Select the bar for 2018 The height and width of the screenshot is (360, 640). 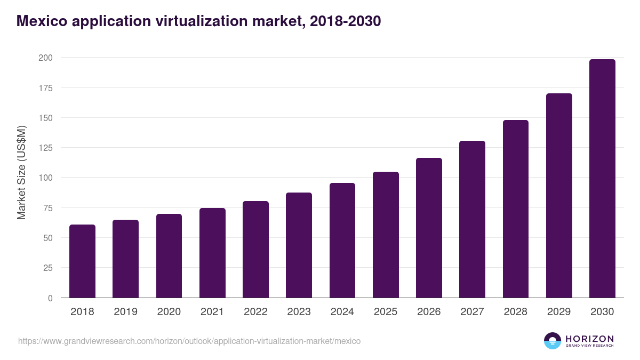coord(82,261)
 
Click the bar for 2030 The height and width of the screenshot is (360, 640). coord(602,179)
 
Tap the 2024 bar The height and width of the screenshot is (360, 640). coord(342,241)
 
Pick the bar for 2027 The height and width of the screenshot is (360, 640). coord(472,219)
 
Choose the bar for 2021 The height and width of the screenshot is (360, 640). coord(212,253)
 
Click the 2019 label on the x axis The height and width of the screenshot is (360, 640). coord(125,312)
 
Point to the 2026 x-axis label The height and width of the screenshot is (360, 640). coord(429,312)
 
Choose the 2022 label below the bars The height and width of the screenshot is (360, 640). coord(255,312)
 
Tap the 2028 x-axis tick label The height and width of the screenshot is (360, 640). coord(515,312)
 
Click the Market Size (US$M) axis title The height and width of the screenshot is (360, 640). coord(21,173)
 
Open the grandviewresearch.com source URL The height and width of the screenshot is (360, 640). coord(189,341)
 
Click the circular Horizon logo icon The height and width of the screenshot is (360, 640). coord(553,341)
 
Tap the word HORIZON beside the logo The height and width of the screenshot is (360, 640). coord(589,338)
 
